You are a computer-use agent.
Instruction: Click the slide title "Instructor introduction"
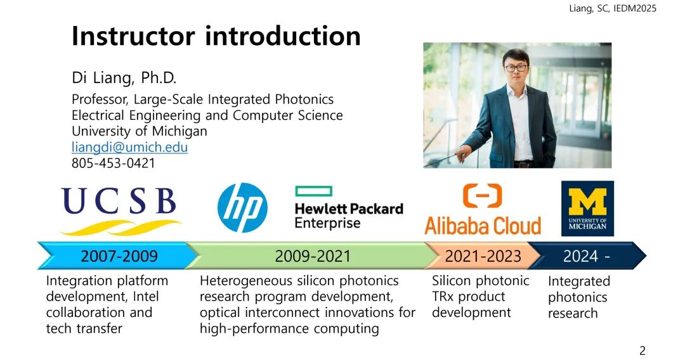pos(216,35)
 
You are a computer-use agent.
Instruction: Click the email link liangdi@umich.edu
pos(130,147)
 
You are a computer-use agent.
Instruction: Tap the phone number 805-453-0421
pos(114,163)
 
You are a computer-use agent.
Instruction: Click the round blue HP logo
pos(242,207)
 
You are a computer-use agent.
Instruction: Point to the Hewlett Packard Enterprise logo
pos(349,208)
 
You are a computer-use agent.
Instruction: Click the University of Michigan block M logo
pos(587,209)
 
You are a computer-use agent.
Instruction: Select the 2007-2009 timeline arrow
pos(118,255)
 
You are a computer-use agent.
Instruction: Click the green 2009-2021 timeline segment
pos(312,255)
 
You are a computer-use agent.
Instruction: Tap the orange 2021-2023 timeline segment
pos(483,255)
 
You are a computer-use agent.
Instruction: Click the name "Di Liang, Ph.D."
pos(124,78)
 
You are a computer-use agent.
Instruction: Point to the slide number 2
pos(642,350)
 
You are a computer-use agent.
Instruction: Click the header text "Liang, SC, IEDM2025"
pos(613,8)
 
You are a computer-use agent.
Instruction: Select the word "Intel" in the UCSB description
pos(145,296)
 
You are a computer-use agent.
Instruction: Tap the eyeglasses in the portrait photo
pos(516,68)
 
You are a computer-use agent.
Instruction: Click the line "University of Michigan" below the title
pos(140,131)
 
